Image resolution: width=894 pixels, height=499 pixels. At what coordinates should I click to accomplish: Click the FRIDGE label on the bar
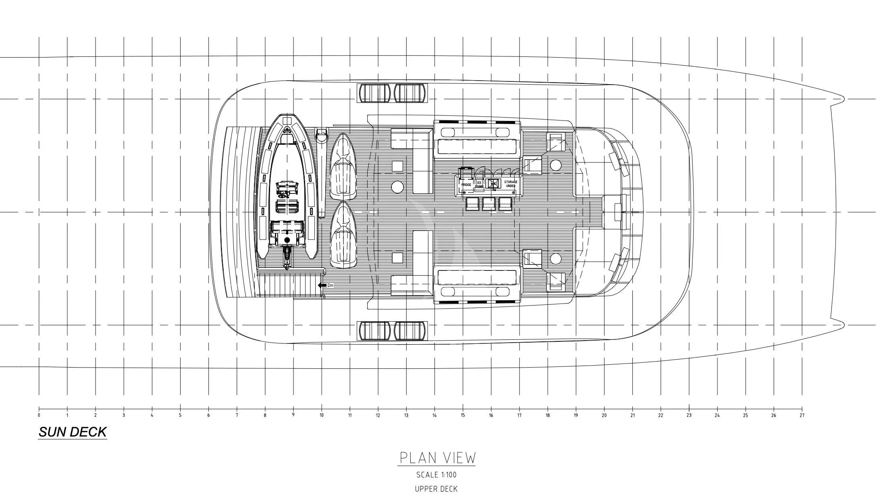466,185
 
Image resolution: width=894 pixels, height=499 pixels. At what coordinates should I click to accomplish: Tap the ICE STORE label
479,185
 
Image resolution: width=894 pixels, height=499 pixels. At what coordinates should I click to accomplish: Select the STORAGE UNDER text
511,184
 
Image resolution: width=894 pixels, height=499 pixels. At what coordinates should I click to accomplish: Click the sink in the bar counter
493,183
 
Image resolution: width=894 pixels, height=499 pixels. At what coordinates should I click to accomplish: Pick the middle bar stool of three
489,204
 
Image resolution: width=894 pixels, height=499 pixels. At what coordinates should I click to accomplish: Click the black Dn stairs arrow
322,285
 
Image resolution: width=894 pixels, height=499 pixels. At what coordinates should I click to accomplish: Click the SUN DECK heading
73,432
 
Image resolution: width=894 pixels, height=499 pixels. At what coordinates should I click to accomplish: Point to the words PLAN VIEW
437,458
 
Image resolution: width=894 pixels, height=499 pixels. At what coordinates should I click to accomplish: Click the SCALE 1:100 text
437,475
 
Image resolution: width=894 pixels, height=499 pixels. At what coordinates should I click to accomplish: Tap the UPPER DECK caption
437,489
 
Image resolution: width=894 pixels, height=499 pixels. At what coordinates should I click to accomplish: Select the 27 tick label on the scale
802,415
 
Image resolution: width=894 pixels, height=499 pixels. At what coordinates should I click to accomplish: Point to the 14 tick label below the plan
435,415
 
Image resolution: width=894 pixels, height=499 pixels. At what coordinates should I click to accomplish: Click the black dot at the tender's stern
287,240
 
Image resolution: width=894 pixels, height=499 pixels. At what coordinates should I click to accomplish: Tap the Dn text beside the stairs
331,285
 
